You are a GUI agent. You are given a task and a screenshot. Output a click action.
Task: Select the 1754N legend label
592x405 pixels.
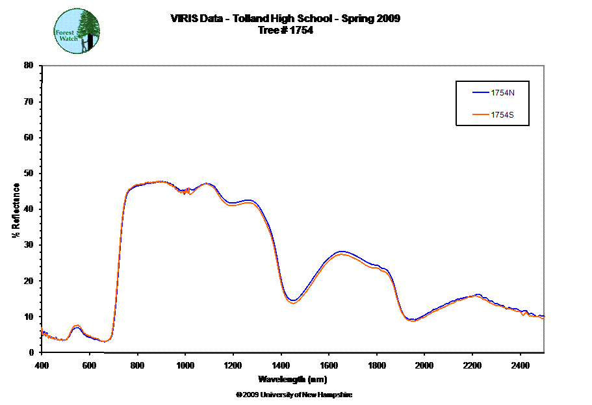pos(503,92)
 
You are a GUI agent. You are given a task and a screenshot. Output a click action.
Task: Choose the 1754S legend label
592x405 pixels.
pos(503,116)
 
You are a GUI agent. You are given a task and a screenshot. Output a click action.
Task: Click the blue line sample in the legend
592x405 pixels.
pos(480,92)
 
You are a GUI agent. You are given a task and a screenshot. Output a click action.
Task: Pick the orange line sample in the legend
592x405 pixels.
pos(480,116)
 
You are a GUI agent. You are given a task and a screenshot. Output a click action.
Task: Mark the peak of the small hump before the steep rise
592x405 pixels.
pos(76,325)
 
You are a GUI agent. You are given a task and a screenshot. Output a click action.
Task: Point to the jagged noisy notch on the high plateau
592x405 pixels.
pos(187,190)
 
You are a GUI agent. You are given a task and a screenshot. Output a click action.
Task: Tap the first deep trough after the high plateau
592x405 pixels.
pos(293,302)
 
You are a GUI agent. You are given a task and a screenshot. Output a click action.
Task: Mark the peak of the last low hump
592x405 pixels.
pos(476,296)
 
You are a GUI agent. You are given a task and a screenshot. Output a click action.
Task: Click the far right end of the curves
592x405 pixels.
pos(543,317)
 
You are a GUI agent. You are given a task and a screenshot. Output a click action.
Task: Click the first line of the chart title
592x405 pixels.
pos(286,18)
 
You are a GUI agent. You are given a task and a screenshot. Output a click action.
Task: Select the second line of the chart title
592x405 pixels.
pos(286,30)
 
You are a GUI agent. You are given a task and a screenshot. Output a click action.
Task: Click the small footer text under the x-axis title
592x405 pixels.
pos(292,394)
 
